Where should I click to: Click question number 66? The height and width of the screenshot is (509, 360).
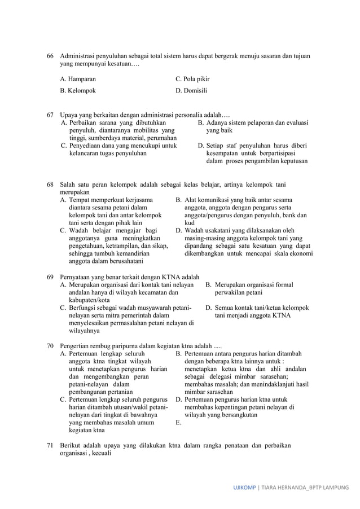coord(50,56)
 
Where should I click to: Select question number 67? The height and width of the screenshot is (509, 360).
coord(50,115)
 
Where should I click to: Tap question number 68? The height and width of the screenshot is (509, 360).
coord(50,185)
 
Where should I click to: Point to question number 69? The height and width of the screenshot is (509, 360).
coord(50,277)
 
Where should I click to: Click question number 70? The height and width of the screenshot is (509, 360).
coord(50,345)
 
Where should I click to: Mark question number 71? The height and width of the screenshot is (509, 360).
coord(50,446)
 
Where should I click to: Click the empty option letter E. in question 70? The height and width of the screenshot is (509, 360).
coord(178,422)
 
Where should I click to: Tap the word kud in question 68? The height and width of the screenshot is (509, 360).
coord(190,223)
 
